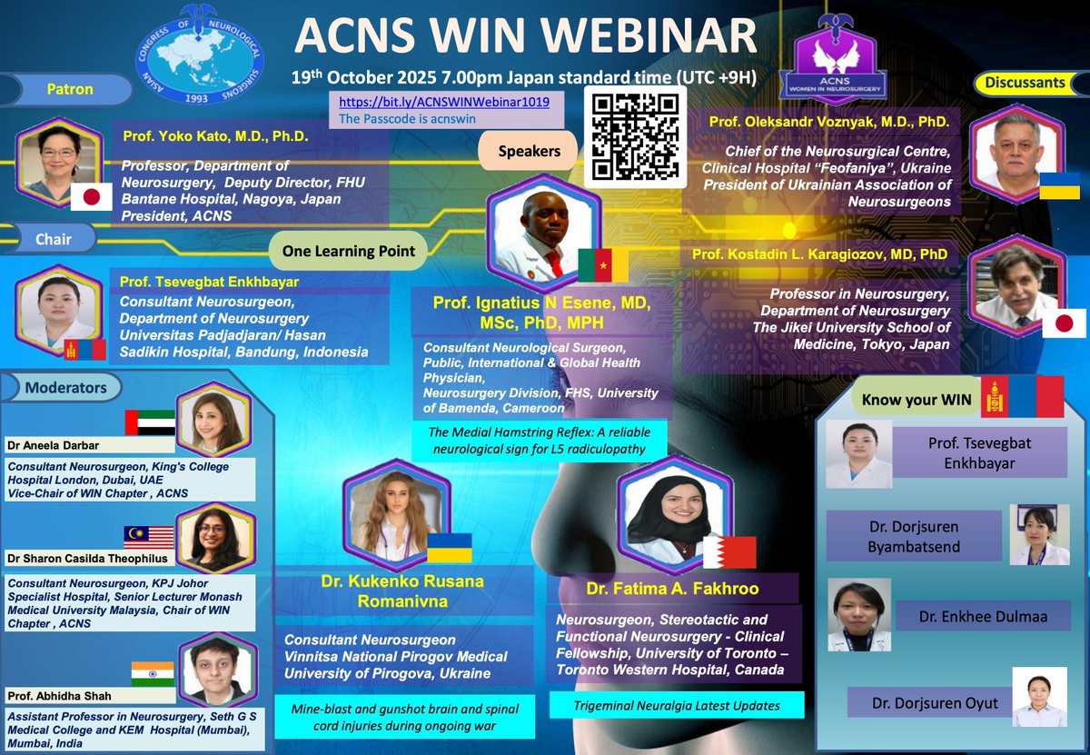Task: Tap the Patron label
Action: point(69,90)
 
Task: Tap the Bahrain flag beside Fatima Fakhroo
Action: point(729,552)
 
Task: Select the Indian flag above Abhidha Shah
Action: point(152,673)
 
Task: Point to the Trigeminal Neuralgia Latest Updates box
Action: point(677,705)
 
